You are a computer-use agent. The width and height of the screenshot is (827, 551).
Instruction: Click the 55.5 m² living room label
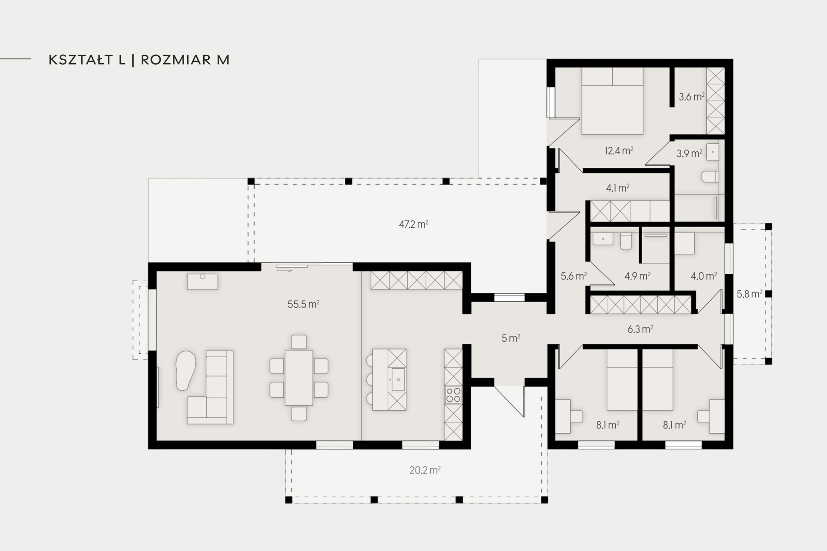coord(303,304)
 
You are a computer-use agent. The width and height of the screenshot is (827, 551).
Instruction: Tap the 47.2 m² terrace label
coord(413,224)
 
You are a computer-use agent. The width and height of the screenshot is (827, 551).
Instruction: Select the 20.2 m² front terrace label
coord(425,470)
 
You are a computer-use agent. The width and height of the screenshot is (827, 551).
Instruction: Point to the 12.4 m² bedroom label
coord(619,150)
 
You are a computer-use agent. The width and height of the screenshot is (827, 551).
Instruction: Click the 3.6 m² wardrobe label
coord(691,97)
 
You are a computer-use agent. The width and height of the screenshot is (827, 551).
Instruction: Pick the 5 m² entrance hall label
coord(511,338)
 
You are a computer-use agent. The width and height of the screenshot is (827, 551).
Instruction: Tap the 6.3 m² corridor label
coord(640,329)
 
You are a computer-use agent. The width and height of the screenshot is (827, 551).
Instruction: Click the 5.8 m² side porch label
coord(749,294)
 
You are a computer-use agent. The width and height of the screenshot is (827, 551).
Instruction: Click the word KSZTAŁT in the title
coord(87,60)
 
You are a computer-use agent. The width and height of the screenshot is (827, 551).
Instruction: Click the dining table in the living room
coord(299,378)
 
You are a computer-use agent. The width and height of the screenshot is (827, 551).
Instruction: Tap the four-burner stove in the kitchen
coord(453,395)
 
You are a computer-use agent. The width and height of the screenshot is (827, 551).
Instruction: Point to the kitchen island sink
coord(398,379)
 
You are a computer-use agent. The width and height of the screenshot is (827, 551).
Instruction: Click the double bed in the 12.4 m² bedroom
coord(612,101)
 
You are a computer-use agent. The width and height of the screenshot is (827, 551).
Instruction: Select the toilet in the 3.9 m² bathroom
coord(710,176)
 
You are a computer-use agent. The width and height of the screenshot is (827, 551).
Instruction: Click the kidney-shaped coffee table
coord(186,370)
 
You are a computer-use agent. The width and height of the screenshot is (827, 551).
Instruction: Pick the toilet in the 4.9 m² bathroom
coord(626,241)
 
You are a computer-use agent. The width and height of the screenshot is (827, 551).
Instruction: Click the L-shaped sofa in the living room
coord(210,387)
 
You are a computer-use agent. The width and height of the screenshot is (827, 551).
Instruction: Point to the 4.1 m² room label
coord(617,188)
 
